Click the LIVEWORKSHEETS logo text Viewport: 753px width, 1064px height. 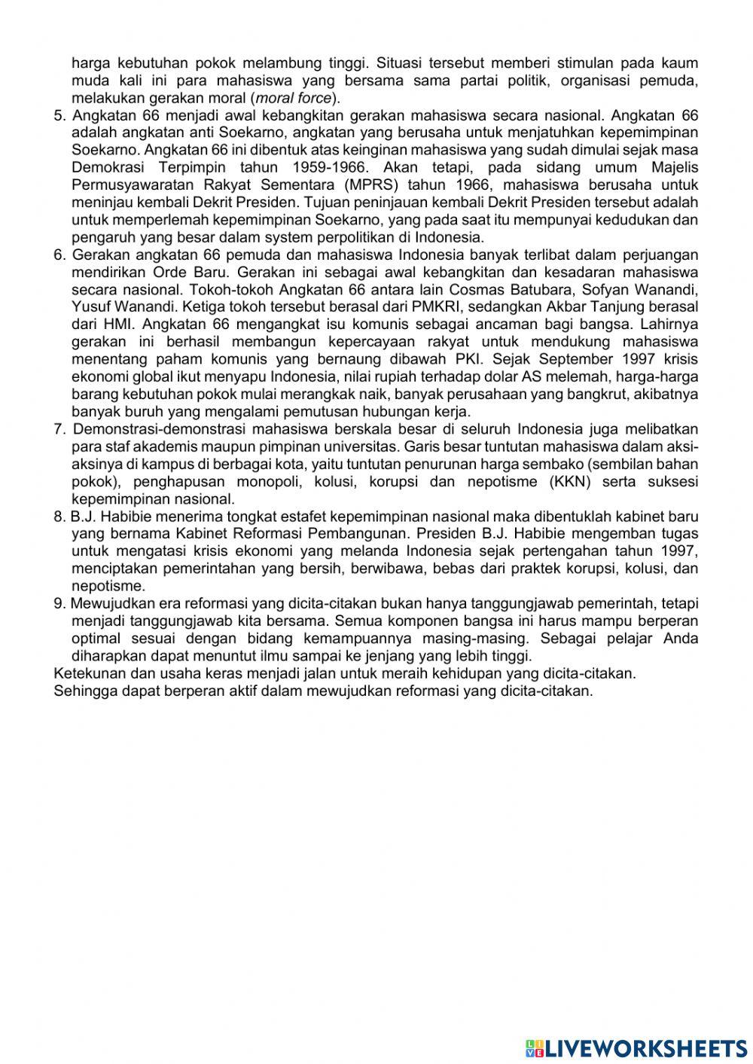click(645, 1047)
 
